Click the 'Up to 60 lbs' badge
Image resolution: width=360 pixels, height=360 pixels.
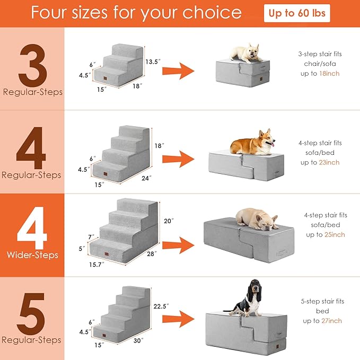[297, 13]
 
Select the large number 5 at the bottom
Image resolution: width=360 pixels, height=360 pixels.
[32, 310]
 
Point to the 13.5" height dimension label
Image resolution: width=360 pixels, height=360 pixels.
[152, 62]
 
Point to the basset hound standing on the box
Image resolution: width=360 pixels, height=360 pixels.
[248, 297]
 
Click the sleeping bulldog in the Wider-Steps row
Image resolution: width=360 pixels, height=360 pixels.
[257, 218]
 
